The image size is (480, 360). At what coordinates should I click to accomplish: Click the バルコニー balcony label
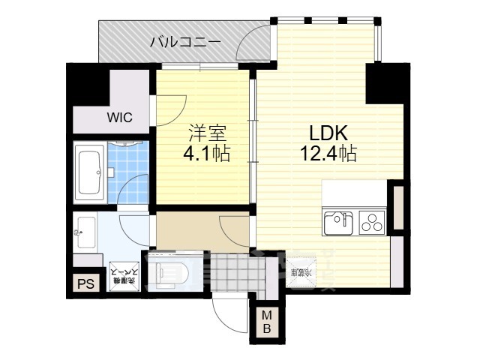[x=184, y=41]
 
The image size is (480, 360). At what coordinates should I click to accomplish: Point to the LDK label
[x=328, y=133]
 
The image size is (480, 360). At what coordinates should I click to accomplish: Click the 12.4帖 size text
[x=328, y=154]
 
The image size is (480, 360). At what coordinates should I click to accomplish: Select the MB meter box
[x=267, y=322]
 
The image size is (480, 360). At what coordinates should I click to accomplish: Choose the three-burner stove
[x=371, y=223]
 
